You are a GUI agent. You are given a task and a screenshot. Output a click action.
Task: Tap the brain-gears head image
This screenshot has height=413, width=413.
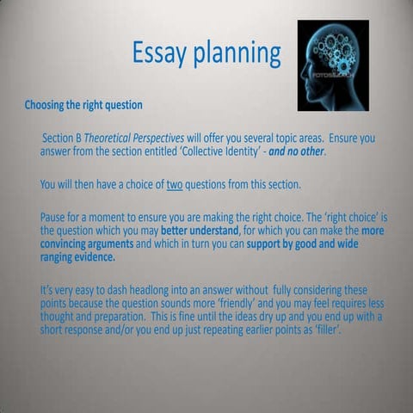click(x=333, y=65)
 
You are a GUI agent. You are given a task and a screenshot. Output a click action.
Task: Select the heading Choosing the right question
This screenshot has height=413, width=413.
click(x=83, y=106)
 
